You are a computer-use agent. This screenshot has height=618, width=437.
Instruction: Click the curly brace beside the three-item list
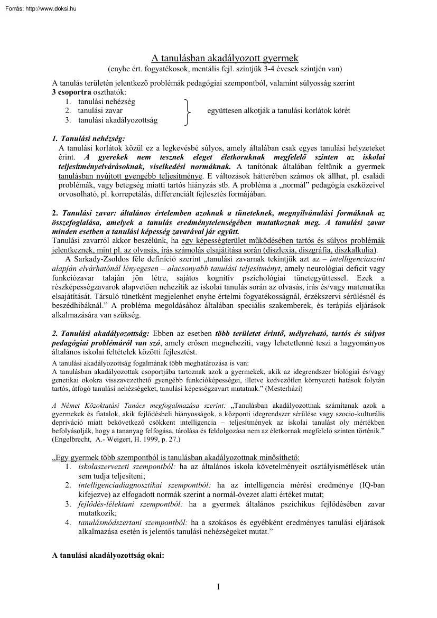186,111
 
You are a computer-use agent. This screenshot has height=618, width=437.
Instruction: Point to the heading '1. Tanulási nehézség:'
88,138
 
